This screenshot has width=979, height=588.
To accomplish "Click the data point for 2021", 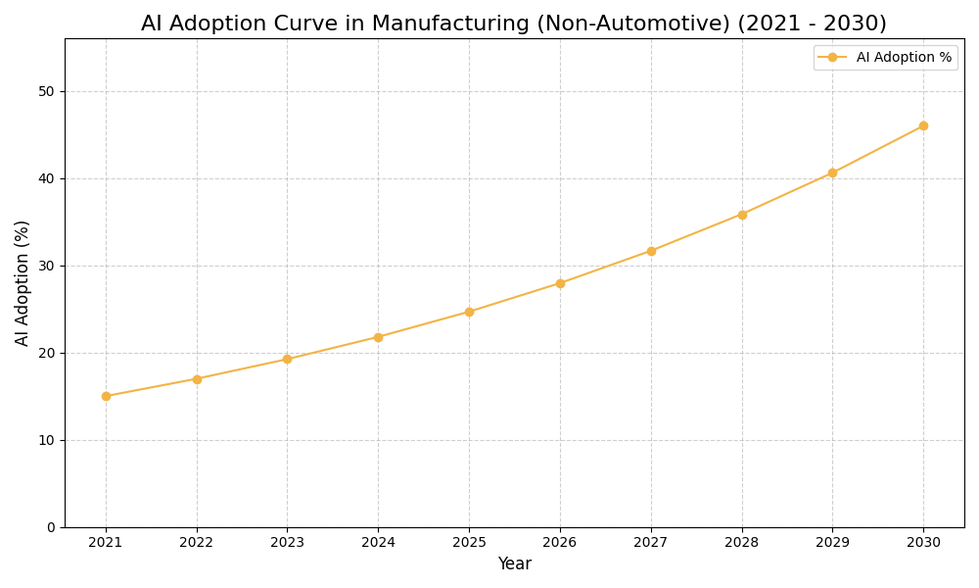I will point(106,396).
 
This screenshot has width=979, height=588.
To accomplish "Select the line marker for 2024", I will point(378,337).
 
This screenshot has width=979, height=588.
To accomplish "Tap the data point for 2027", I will point(651,251).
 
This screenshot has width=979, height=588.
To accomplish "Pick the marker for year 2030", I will point(923,125).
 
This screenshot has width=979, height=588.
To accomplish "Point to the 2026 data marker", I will point(560,283).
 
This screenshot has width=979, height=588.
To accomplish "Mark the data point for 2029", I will point(832,172).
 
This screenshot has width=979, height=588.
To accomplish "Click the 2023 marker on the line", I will point(287,359).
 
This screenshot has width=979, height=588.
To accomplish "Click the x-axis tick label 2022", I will point(197,543).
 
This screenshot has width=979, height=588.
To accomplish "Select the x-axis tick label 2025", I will point(469,543).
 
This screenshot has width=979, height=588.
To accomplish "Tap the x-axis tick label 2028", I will point(742,543).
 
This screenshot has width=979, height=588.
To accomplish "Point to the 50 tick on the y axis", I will point(46,91).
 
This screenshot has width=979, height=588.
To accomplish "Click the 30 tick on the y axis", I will point(46,266).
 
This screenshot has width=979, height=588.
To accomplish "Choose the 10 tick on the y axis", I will point(46,440).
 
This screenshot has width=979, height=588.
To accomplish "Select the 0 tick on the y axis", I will point(50,527).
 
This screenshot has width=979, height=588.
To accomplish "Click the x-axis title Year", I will point(514,564).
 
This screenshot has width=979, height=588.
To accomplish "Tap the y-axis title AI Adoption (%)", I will point(23,282).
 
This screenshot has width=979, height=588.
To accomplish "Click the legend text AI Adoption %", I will point(904,58).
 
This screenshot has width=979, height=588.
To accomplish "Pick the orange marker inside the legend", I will point(832,58).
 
